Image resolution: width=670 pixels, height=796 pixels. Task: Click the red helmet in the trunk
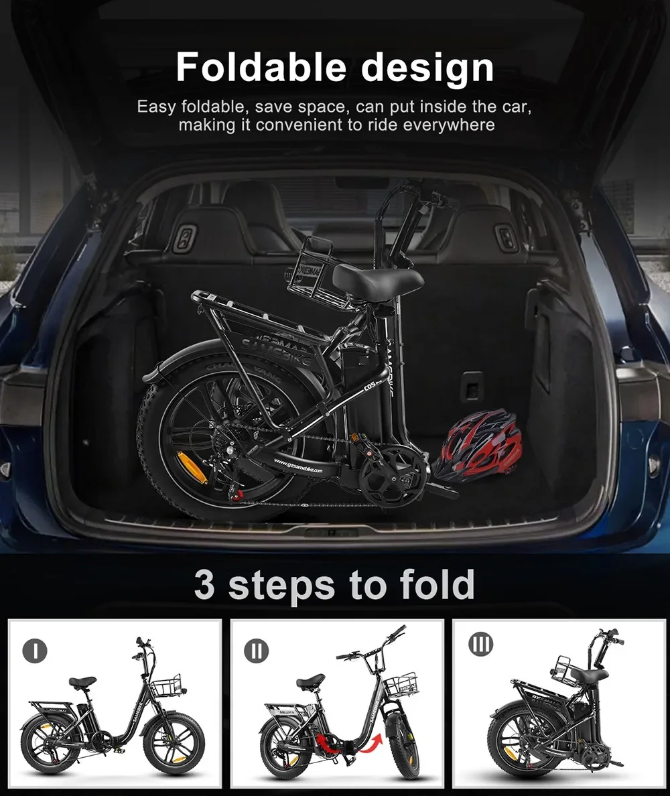pos(476,444)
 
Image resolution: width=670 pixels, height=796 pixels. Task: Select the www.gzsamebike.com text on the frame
pos(297,466)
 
